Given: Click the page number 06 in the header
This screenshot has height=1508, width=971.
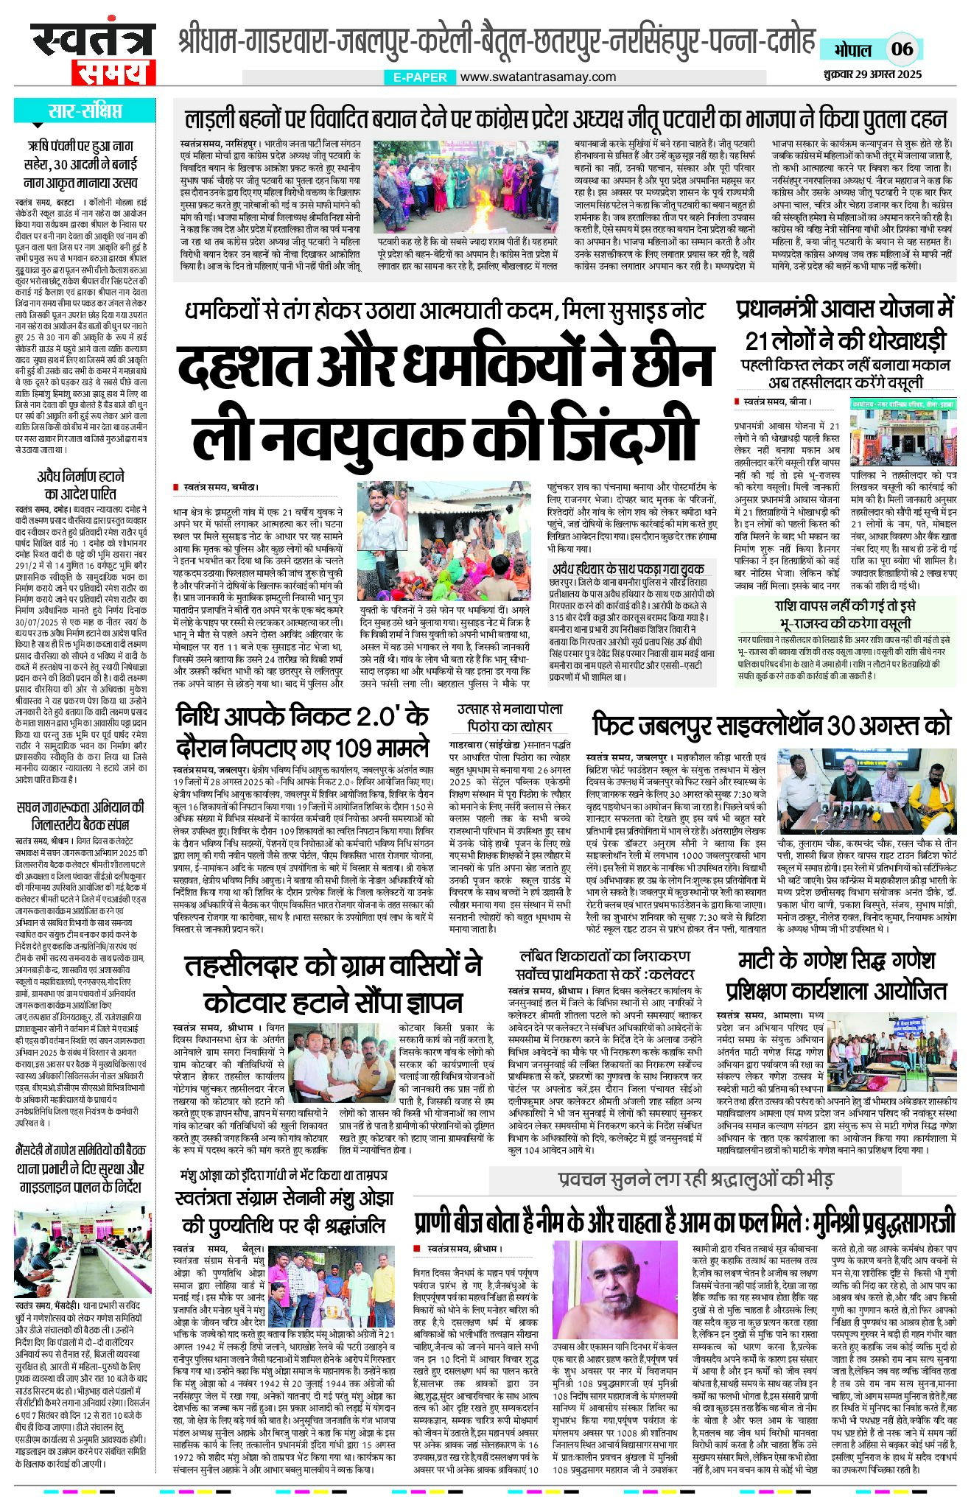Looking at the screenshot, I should click(902, 49).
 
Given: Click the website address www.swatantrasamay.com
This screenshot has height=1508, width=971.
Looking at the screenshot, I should click(538, 77).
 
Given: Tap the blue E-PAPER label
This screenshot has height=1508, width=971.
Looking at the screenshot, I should click(420, 77).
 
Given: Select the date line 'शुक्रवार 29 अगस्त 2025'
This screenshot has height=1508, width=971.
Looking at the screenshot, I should click(873, 74).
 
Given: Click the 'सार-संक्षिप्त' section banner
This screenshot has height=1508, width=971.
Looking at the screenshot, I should click(84, 111).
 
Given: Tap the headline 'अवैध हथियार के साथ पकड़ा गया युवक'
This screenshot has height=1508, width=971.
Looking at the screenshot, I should click(628, 569).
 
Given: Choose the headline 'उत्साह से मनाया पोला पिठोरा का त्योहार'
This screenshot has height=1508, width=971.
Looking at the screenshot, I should click(510, 717).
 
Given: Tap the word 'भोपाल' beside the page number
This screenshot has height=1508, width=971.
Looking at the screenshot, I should click(852, 50).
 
